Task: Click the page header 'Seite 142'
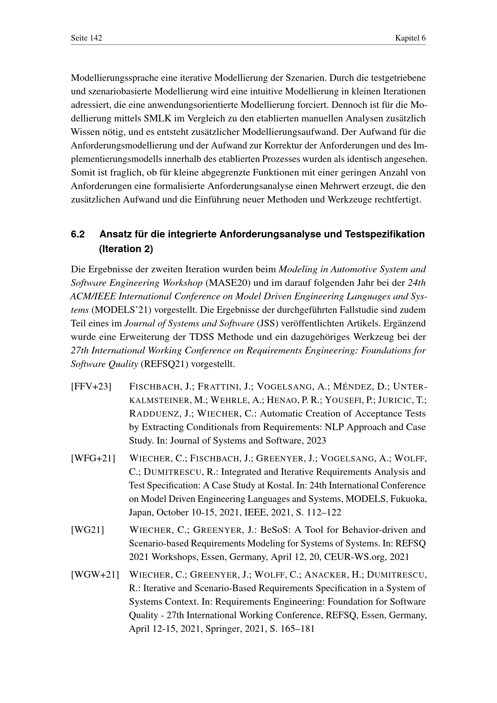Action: (86, 38)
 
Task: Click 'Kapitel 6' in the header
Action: (410, 38)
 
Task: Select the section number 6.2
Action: (78, 234)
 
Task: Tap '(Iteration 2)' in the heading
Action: (126, 249)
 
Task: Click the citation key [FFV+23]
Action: (91, 387)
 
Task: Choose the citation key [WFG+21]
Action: (93, 458)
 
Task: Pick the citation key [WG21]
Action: (87, 530)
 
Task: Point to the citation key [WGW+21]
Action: (95, 575)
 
